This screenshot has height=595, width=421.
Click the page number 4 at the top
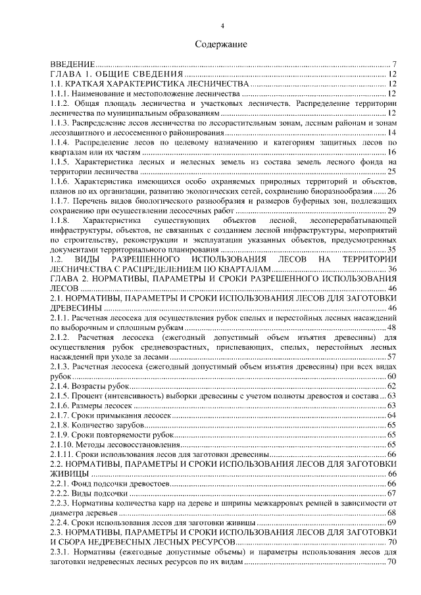(222, 26)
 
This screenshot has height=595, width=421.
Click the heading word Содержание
(221, 45)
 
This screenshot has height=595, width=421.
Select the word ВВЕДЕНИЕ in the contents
(72, 65)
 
